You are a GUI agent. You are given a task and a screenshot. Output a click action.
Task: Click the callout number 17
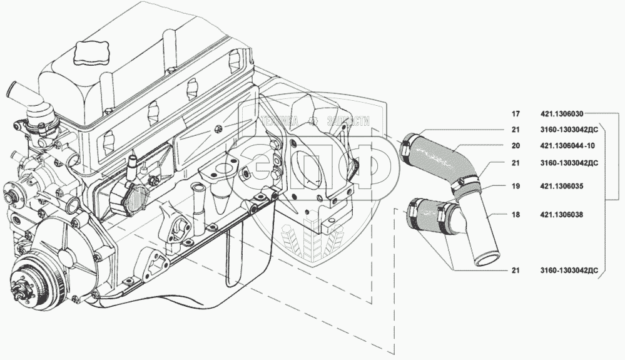516,115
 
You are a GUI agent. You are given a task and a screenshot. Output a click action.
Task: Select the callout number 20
516,146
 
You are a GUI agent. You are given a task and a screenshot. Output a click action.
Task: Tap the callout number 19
516,187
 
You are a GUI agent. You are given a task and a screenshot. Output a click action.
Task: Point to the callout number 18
516,214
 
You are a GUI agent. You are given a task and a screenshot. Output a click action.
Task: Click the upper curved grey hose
441,159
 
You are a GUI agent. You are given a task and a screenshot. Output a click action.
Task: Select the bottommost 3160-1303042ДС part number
569,271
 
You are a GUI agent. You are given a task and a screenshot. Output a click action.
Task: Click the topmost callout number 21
516,130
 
